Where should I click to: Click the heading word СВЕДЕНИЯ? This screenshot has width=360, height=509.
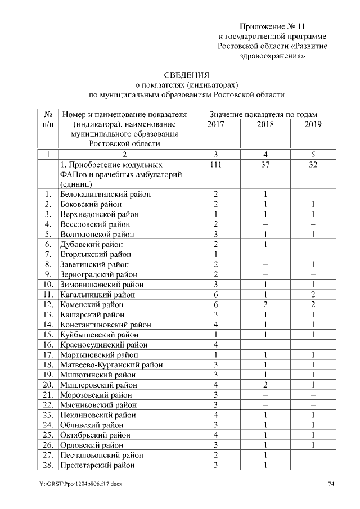point(186,75)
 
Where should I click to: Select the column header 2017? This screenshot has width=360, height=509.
point(215,124)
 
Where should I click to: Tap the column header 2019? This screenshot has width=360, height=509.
point(313,124)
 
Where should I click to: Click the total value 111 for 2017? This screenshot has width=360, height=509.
point(215,165)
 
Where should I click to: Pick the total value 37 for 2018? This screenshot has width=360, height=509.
point(265,165)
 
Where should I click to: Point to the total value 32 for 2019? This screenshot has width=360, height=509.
point(313,165)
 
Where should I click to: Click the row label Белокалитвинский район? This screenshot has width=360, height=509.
point(106,194)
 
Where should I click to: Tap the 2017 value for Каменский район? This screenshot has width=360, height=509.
point(215,305)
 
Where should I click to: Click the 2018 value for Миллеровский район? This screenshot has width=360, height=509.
point(265,385)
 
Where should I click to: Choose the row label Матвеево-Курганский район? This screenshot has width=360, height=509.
point(112,364)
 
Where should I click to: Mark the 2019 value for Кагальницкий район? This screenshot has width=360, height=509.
point(313,295)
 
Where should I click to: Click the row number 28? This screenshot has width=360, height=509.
point(48,465)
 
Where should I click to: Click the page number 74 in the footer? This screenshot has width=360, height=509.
point(331,484)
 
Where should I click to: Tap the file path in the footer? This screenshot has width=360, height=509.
point(81,484)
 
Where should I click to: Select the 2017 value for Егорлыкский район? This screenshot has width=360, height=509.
point(215,255)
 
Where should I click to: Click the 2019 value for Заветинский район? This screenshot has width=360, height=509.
point(313,264)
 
